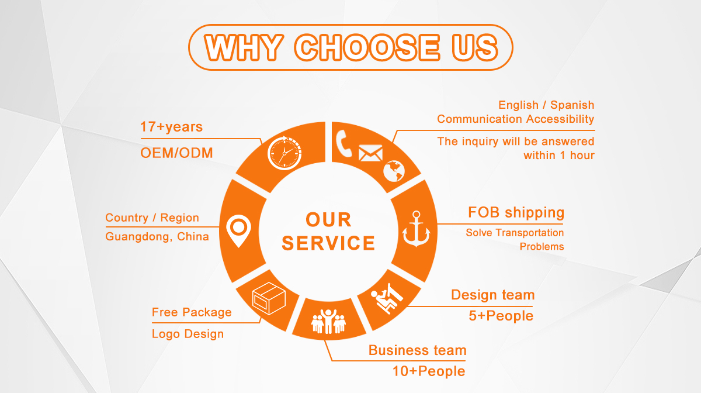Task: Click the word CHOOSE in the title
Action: coord(367,47)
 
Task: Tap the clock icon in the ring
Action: coord(284,153)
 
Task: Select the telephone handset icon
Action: coord(343,143)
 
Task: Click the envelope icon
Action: coord(370,153)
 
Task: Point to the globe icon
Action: coord(394,171)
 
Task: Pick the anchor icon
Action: coord(416,229)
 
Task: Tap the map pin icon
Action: coord(238,231)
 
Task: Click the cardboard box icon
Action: coord(269,298)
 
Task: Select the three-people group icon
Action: coord(328,321)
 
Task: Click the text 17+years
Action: coord(171,127)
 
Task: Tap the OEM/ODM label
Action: coord(176,153)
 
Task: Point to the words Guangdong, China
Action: coord(157,237)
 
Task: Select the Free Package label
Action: coord(192,312)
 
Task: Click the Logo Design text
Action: coord(188,334)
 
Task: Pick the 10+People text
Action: coord(429,371)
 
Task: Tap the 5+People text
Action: coord(501,316)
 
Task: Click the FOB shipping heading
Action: coord(516,212)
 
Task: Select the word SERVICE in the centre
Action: coord(328,243)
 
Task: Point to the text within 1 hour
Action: coord(559,155)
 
